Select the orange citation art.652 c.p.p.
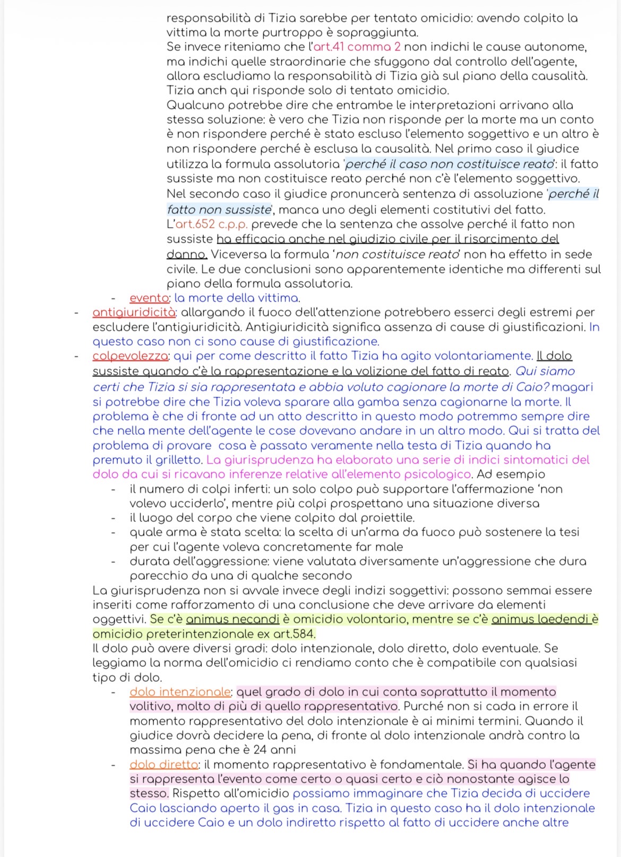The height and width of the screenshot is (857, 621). (212, 224)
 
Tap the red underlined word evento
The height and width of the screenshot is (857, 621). (149, 298)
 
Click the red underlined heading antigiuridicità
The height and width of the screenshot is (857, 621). (134, 312)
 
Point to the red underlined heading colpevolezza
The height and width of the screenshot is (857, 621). (131, 356)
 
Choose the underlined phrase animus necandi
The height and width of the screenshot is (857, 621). (232, 619)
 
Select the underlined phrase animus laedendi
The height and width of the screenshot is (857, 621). (541, 619)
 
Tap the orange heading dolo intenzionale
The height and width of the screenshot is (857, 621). (180, 692)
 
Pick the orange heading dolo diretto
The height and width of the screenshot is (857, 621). (163, 765)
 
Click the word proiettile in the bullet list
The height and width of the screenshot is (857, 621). (387, 518)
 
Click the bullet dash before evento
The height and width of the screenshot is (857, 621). (114, 298)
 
